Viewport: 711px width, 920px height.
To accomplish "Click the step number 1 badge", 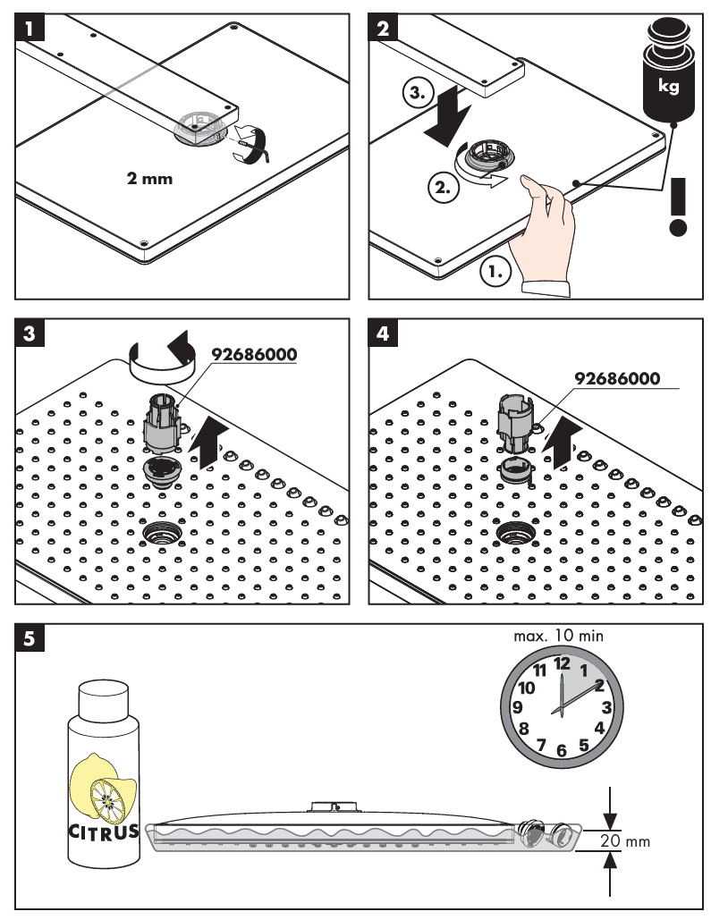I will point(30,27).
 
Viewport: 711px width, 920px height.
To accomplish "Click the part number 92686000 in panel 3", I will point(254,353).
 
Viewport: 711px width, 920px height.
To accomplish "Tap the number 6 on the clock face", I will point(562,751).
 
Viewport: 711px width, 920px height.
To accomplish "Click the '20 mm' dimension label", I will point(623,841).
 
